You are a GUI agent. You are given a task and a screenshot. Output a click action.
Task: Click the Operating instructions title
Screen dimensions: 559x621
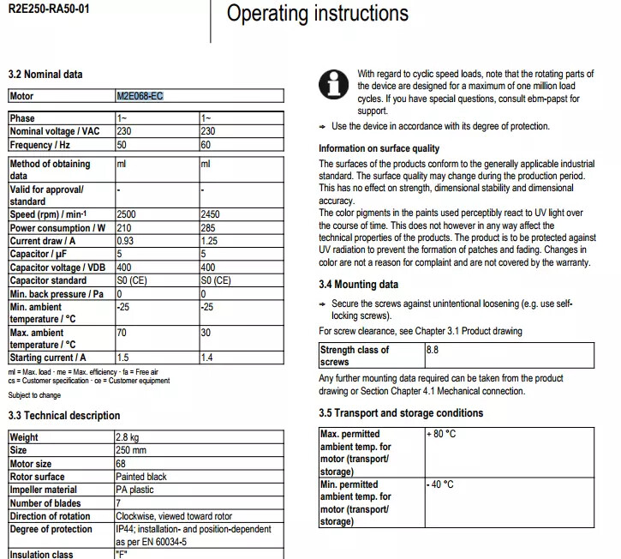(317, 14)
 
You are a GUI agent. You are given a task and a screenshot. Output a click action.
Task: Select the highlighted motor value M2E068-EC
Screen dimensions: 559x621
(140, 96)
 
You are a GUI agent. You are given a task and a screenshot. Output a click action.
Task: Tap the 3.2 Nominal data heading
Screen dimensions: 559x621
(45, 75)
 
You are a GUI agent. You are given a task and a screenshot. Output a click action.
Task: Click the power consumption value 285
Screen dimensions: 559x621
(208, 228)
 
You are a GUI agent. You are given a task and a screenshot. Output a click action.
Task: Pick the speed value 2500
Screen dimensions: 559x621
(128, 214)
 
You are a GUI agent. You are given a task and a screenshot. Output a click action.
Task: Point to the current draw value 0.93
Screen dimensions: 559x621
(125, 241)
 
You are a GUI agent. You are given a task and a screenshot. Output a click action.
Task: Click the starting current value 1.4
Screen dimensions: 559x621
(207, 358)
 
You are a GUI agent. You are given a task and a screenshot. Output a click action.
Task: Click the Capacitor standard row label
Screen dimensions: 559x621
(48, 280)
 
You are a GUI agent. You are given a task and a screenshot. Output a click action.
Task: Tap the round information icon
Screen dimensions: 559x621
(334, 85)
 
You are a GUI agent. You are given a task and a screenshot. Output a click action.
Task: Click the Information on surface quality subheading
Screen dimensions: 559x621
(379, 148)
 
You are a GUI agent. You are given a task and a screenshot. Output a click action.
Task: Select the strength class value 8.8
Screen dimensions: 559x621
(433, 350)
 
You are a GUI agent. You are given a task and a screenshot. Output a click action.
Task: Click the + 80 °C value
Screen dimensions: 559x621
(441, 434)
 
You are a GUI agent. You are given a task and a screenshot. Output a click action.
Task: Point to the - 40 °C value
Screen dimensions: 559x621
(441, 484)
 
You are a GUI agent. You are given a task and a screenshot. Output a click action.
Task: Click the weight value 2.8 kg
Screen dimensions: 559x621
(128, 437)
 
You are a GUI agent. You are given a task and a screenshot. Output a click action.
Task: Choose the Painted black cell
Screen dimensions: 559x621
(142, 477)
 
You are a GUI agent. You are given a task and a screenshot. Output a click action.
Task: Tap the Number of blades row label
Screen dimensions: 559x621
(45, 503)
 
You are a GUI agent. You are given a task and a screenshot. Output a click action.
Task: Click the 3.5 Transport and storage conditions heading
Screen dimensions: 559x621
(401, 413)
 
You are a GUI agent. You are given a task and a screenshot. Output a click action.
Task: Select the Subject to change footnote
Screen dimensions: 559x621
(34, 395)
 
